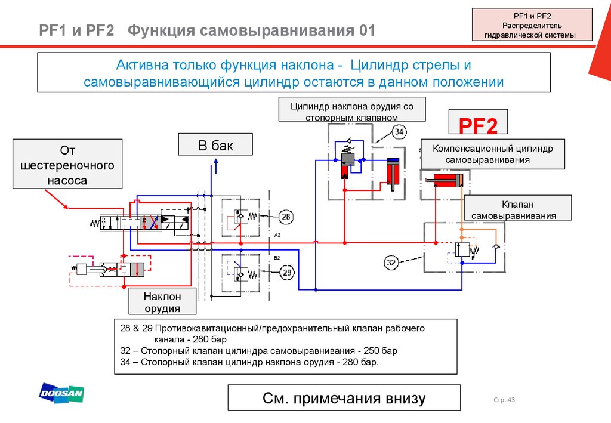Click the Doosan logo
(61, 392)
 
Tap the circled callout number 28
(286, 217)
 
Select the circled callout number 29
(287, 273)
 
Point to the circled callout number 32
(391, 263)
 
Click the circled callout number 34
(399, 132)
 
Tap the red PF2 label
(478, 125)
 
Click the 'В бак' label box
(215, 144)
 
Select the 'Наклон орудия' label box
(162, 301)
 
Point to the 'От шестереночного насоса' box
(67, 164)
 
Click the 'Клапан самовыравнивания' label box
(517, 208)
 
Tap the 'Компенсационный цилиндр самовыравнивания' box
(493, 154)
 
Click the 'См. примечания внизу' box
(344, 398)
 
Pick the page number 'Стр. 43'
(504, 400)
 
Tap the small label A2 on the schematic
(277, 235)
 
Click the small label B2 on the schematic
(277, 258)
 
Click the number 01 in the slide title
(367, 30)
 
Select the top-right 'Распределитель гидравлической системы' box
(532, 25)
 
